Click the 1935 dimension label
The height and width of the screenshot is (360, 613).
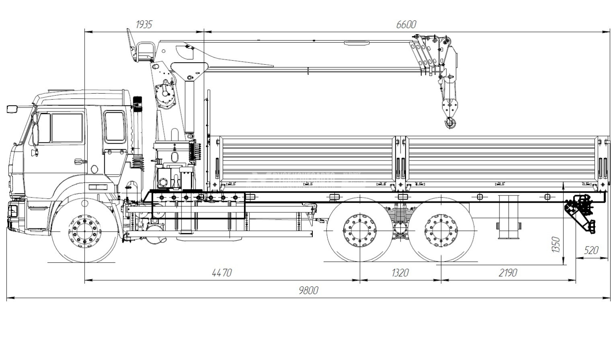(144, 25)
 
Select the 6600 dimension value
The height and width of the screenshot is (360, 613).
(406, 25)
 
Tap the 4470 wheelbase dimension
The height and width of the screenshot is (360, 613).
(222, 273)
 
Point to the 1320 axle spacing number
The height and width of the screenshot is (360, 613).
(400, 273)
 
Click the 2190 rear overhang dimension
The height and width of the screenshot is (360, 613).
(508, 273)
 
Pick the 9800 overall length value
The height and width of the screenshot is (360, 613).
(308, 290)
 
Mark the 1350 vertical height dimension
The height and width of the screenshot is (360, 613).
(556, 245)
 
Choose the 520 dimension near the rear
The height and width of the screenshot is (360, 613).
(591, 250)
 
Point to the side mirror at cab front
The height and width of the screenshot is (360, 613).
(13, 109)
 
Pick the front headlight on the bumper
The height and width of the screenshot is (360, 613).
(13, 210)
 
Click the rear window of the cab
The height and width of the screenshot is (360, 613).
(114, 126)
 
